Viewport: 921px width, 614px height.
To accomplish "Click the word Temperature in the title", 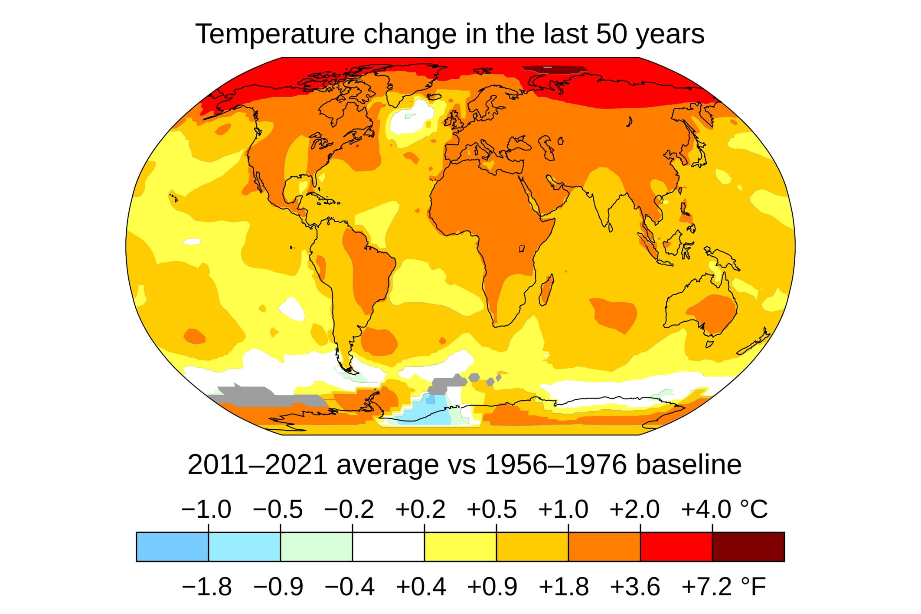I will [x=274, y=34].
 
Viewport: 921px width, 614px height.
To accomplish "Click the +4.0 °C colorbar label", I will [x=724, y=509].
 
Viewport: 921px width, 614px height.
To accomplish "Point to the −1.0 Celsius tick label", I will [x=206, y=509].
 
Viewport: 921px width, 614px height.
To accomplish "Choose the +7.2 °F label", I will [x=723, y=587].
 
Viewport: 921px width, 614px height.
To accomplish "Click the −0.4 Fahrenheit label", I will [x=349, y=587].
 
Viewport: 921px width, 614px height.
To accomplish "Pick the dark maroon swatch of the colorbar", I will [x=748, y=547].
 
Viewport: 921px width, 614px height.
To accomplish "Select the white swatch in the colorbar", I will [x=388, y=547].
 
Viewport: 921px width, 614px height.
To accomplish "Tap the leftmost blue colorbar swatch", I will [x=172, y=547].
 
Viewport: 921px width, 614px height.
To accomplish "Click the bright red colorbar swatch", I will [x=676, y=547].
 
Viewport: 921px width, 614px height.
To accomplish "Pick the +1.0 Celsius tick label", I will [x=563, y=509].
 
